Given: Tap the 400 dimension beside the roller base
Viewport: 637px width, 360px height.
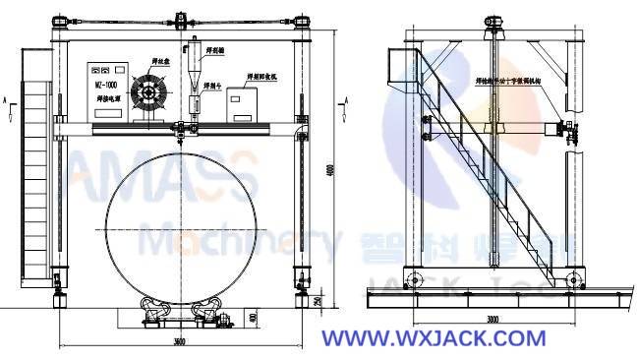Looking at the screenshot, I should point(254,317).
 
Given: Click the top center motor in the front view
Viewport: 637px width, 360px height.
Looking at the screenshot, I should point(183,20).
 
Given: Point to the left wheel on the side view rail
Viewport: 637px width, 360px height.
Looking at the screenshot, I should point(413,276).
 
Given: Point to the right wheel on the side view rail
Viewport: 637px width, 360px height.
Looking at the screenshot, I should point(574,278).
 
